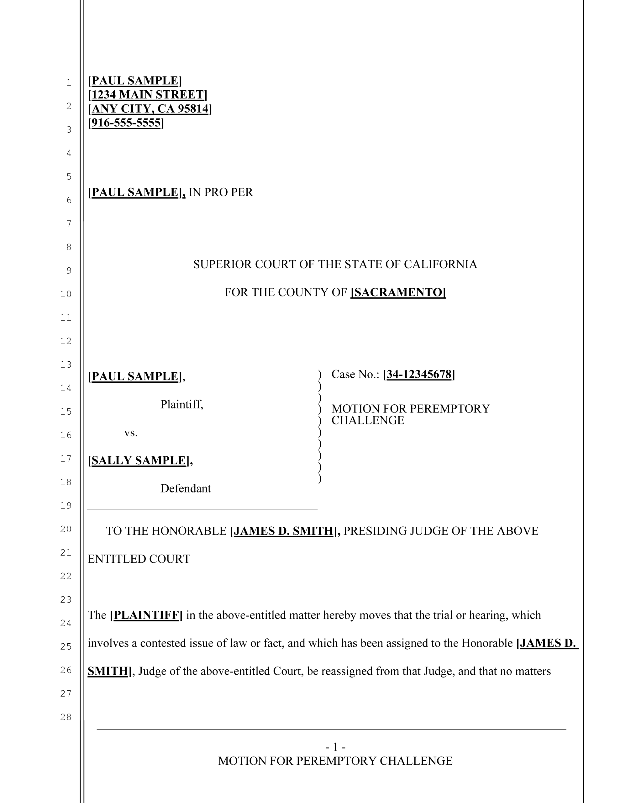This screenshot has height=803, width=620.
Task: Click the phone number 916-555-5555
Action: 126,123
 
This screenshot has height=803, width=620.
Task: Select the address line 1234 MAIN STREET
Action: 147,95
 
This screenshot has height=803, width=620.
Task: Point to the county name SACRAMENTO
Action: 398,292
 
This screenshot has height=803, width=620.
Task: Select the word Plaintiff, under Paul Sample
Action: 181,404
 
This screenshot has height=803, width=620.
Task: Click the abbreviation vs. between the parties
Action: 131,433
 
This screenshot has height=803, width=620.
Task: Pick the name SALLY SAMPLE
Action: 139,460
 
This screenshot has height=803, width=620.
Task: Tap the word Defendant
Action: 186,489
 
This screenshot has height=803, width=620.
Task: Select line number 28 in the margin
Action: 66,717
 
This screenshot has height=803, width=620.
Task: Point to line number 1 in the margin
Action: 69,83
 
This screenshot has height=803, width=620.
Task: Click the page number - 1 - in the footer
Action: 335,747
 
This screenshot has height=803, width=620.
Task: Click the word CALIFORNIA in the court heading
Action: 440,264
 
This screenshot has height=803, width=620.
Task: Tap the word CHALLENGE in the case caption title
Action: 367,420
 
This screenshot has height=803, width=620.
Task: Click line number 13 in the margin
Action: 66,364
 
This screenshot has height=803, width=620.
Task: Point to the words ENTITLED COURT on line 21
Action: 139,559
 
